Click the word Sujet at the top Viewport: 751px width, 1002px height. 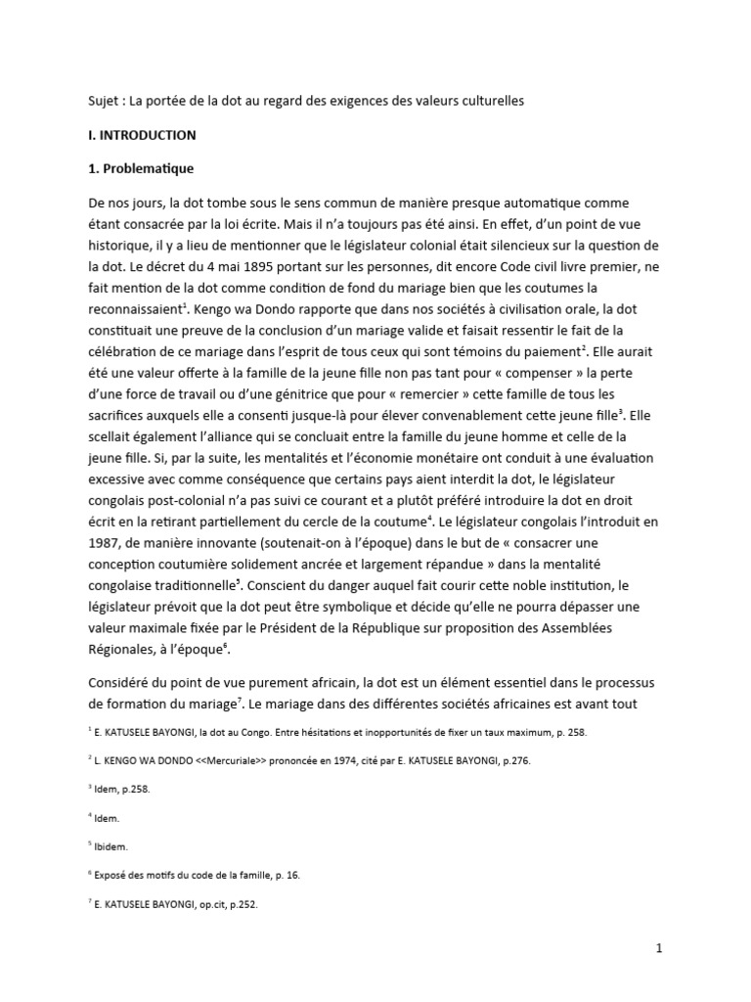(x=96, y=102)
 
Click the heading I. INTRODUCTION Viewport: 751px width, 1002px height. (x=142, y=135)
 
